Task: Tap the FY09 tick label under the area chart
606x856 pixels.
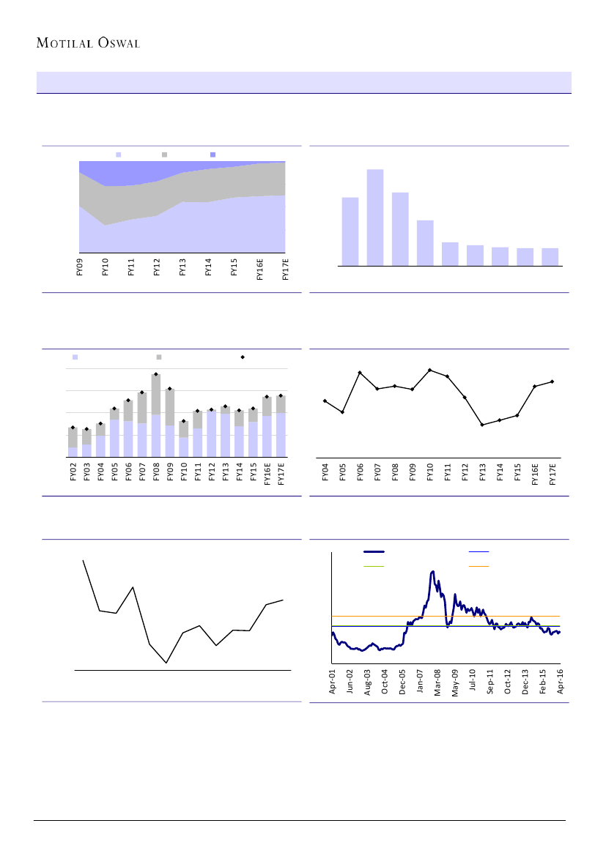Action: (x=80, y=267)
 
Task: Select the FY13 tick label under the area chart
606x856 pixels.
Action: (x=182, y=267)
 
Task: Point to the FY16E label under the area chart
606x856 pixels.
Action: (x=260, y=269)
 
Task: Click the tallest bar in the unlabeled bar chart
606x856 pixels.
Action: (x=375, y=217)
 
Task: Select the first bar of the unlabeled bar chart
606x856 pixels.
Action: (x=350, y=231)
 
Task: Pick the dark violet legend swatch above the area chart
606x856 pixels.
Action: (x=213, y=155)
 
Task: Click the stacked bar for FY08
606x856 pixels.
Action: (x=156, y=415)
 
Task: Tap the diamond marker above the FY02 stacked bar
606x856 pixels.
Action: (x=73, y=427)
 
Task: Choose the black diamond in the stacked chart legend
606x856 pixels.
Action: (x=243, y=357)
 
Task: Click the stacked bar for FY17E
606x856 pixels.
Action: (x=281, y=425)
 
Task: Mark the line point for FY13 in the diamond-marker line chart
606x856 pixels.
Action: (x=482, y=425)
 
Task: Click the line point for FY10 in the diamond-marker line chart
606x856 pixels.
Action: (x=429, y=370)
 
